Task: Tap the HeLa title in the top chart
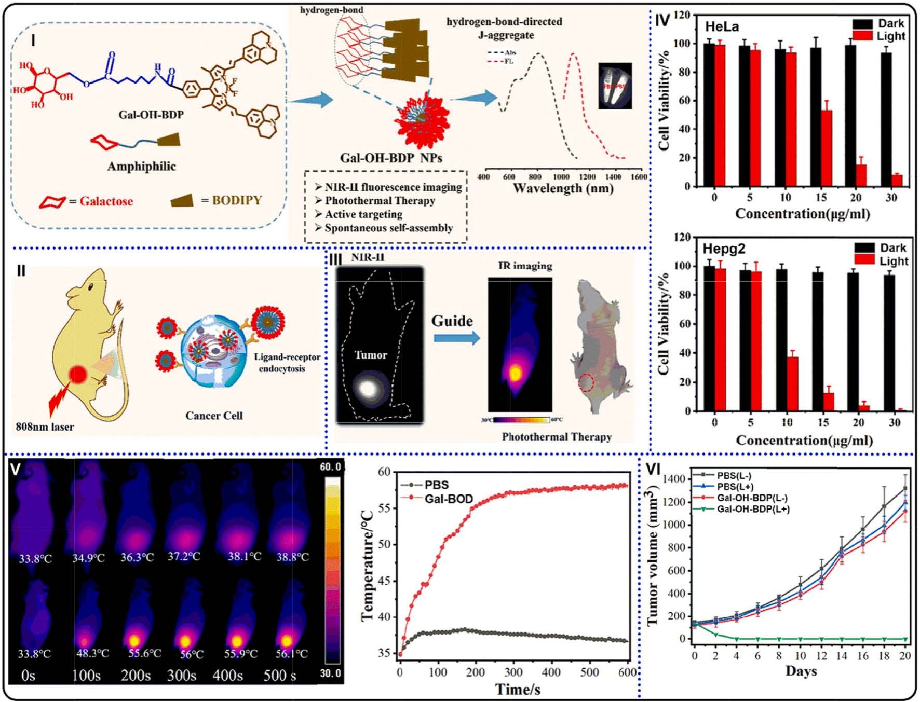coord(722,26)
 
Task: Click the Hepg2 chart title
coord(724,249)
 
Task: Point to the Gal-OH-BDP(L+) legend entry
coord(753,509)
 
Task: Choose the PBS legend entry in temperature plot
coord(436,485)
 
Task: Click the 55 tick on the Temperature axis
coord(384,508)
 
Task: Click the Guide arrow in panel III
coord(456,338)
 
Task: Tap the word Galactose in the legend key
coord(106,201)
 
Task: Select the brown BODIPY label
coord(236,200)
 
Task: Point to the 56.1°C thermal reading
coord(291,654)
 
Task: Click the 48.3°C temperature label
coord(92,653)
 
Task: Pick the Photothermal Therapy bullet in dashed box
coord(380,201)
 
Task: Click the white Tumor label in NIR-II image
coord(371,355)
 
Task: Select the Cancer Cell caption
coord(214,416)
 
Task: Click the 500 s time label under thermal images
coord(280,675)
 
